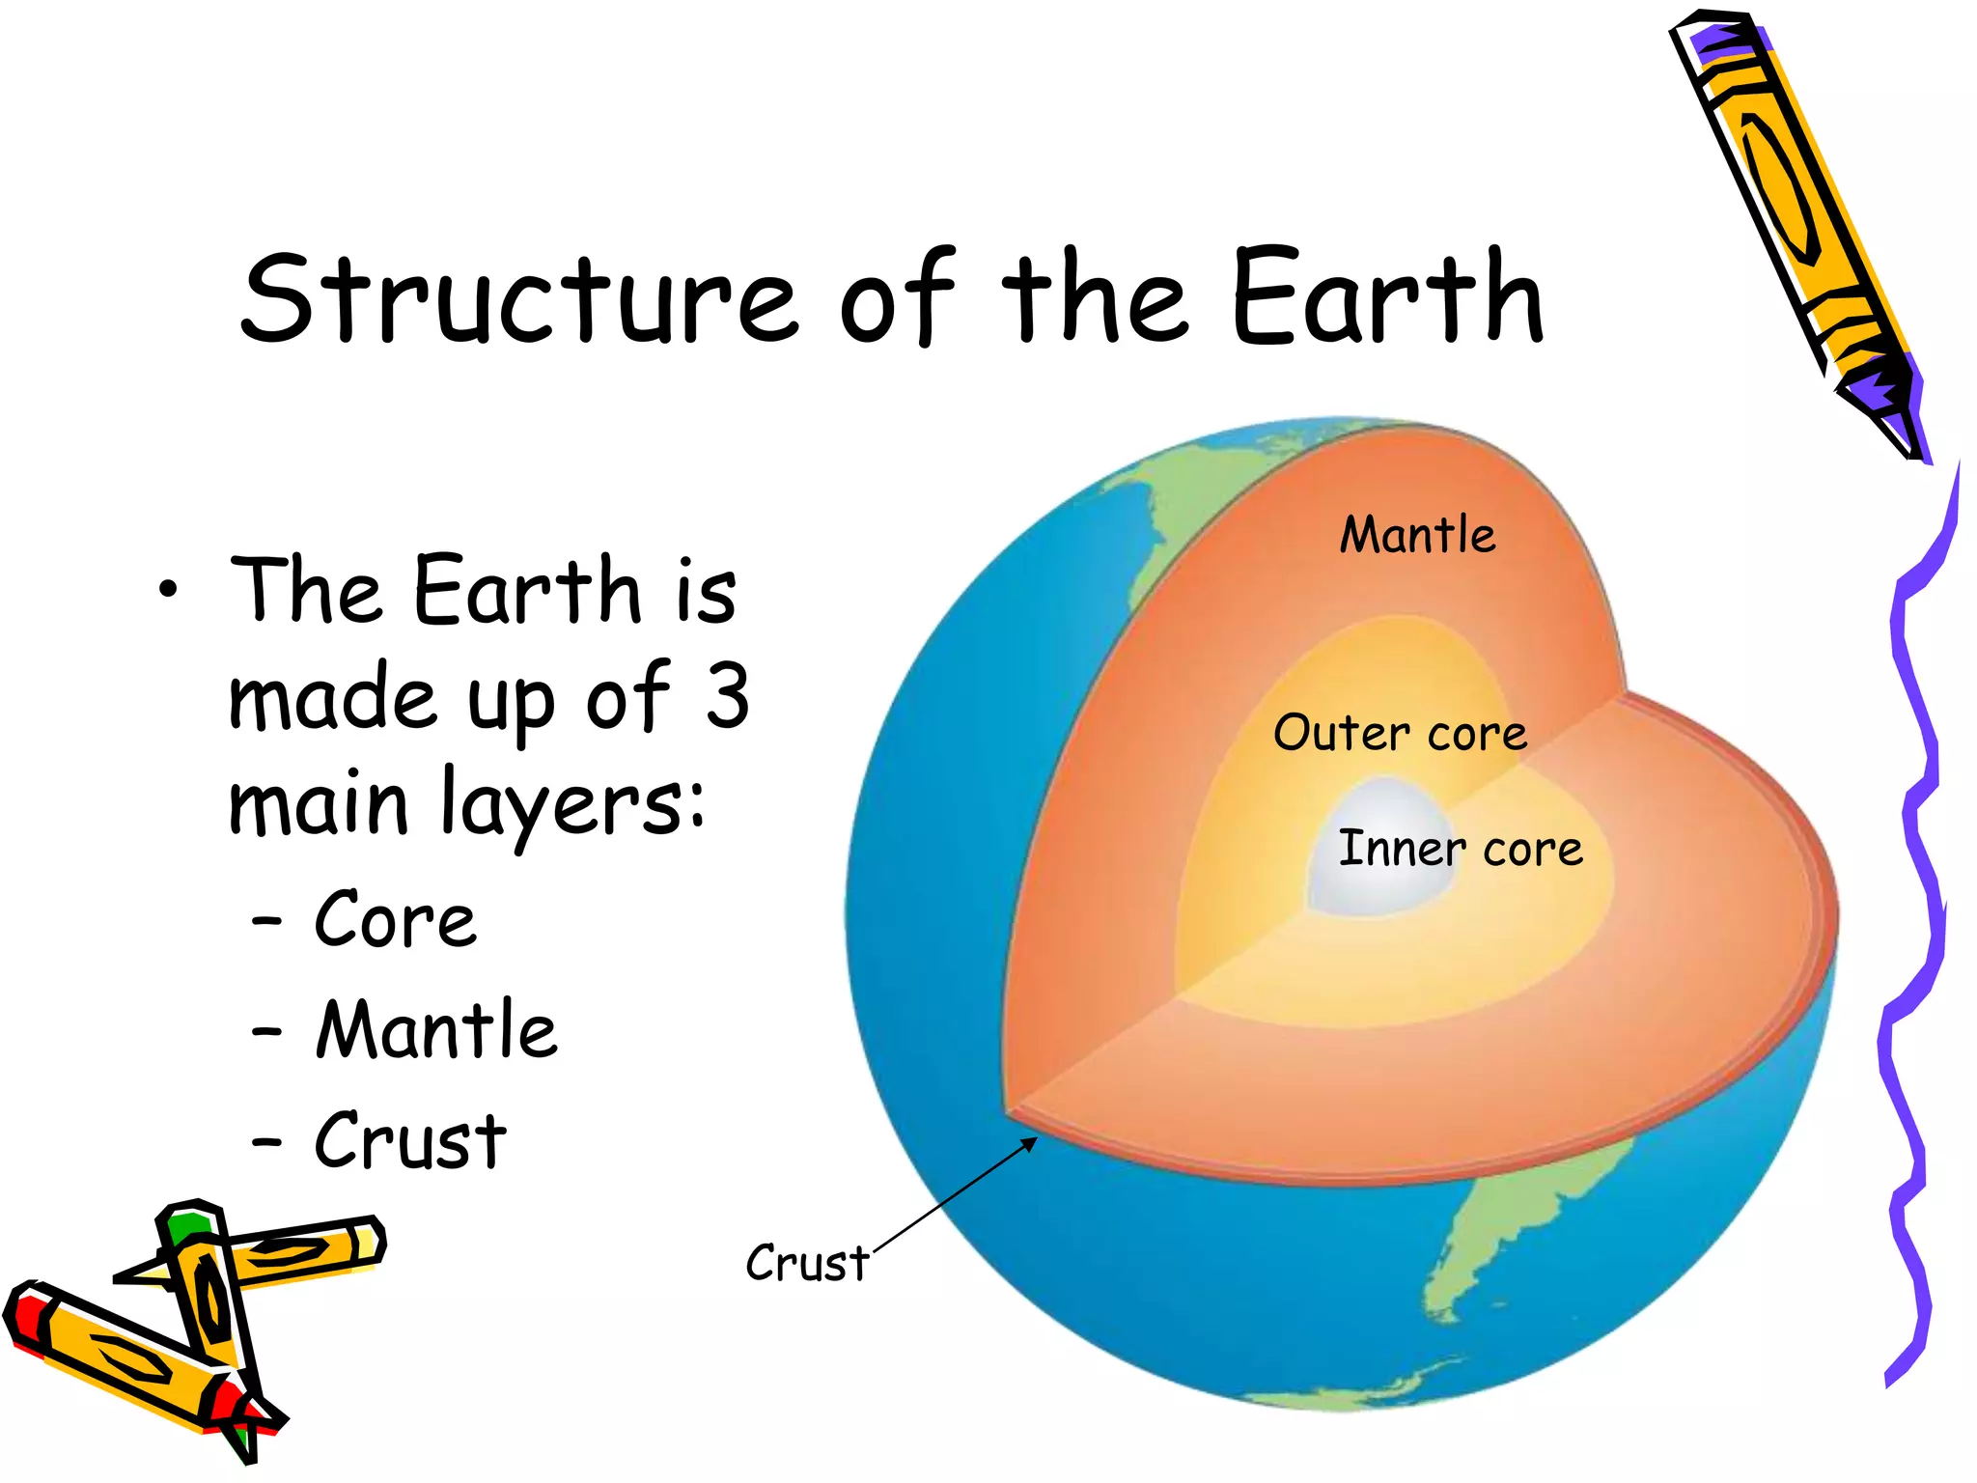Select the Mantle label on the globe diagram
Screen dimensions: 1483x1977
point(1417,536)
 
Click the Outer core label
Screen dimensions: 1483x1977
point(1400,733)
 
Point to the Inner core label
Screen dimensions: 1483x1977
point(1460,849)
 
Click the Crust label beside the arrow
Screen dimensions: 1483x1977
point(807,1263)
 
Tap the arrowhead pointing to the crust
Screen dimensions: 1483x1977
point(1030,1143)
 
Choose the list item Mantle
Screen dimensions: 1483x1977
point(436,1030)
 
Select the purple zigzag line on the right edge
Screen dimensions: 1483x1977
point(1916,869)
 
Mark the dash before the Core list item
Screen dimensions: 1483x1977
point(266,922)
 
